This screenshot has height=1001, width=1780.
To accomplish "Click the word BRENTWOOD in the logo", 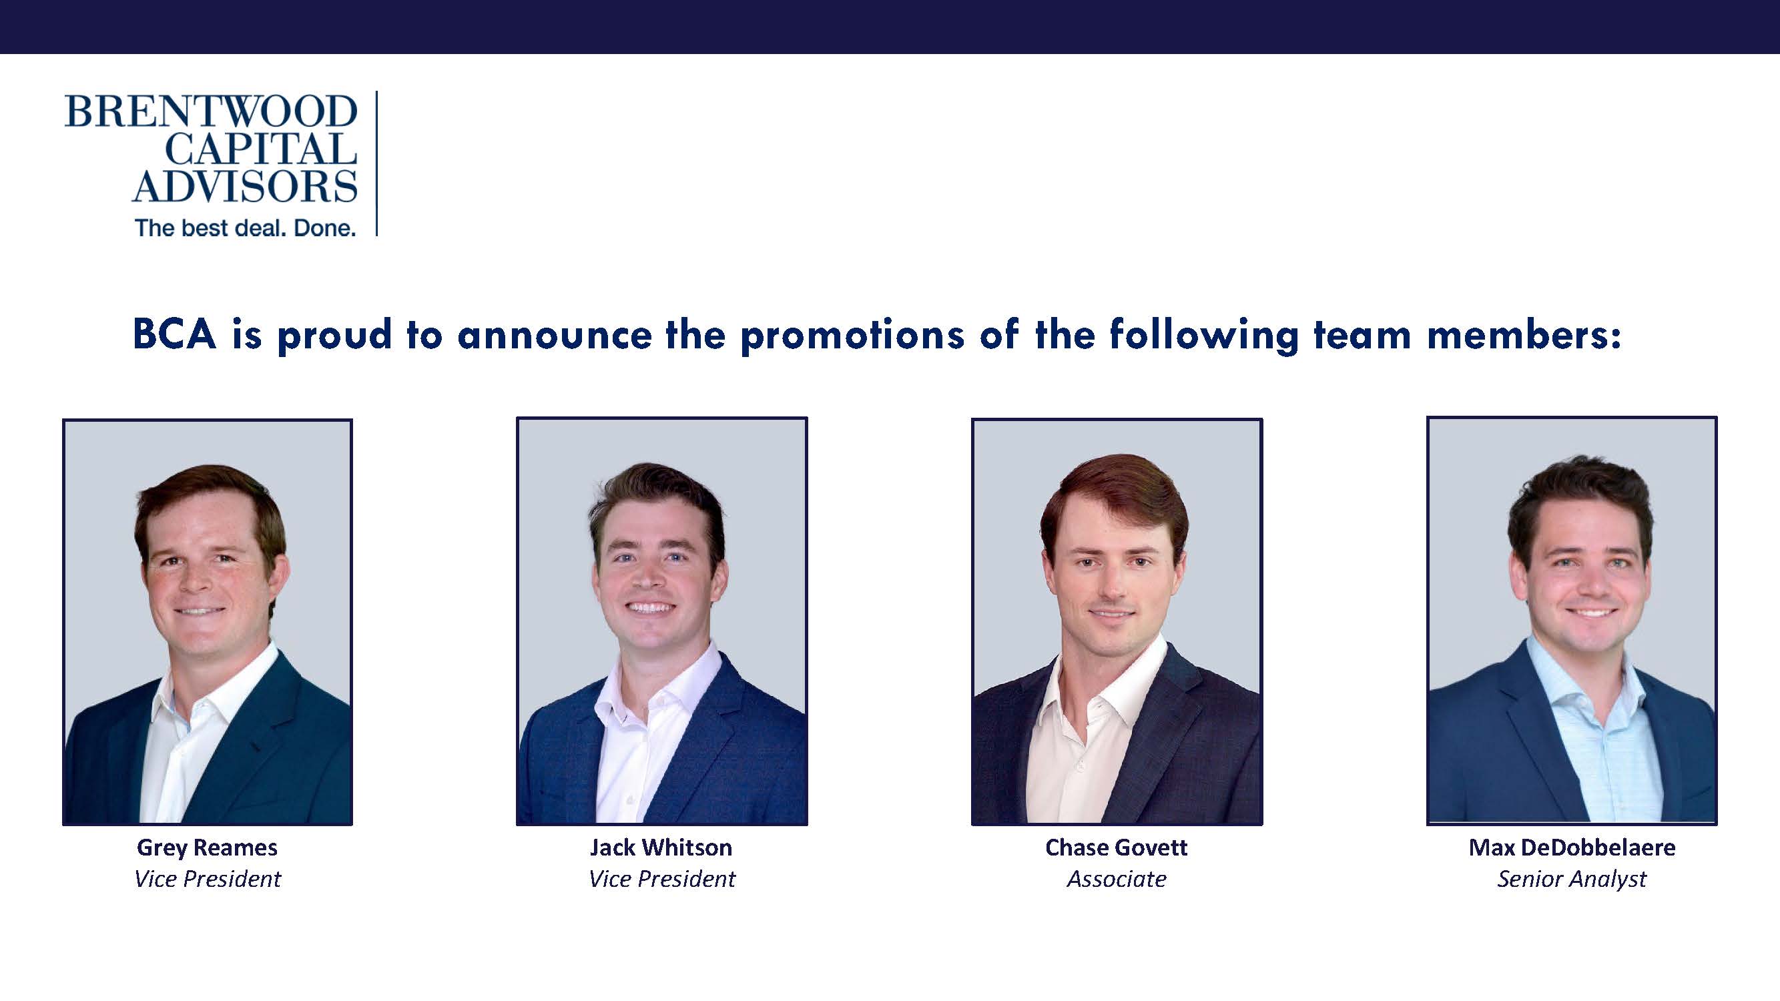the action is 211,112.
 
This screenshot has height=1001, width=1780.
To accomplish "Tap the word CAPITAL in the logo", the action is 261,149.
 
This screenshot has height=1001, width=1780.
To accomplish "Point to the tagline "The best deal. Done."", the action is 246,228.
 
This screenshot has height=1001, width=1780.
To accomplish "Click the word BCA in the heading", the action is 175,334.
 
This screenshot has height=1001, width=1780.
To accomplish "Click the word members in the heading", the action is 1524,335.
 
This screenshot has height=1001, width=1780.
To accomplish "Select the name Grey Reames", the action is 208,848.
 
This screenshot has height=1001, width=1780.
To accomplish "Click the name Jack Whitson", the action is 661,848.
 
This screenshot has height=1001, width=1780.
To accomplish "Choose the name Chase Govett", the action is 1117,848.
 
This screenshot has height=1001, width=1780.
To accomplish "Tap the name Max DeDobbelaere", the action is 1572,848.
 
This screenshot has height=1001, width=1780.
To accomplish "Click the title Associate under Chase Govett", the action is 1117,879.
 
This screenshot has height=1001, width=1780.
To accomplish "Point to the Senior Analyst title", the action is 1572,880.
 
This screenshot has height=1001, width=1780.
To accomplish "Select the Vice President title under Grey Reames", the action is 208,879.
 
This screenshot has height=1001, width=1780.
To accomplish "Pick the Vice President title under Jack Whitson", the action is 662,879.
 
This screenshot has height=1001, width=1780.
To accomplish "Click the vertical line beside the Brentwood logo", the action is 376,163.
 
